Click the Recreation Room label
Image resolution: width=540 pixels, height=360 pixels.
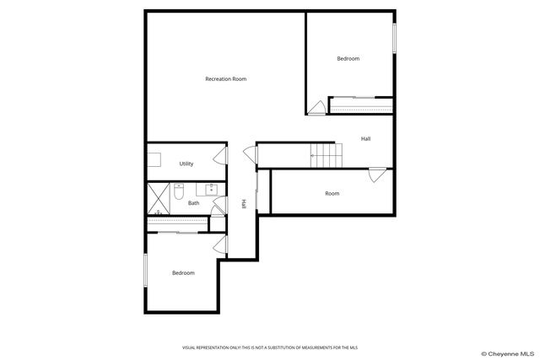tap(225, 79)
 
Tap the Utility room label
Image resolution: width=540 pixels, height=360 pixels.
tap(186, 164)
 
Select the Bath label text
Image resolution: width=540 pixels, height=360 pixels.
tap(193, 202)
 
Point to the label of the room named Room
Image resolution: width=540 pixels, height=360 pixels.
tap(332, 194)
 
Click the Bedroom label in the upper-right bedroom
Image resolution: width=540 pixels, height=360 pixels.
tap(348, 58)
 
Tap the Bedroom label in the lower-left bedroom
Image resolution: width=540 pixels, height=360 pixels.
tap(183, 273)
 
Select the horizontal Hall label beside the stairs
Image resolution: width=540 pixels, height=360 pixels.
tap(365, 139)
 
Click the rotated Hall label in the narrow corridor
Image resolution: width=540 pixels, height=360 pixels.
tap(244, 203)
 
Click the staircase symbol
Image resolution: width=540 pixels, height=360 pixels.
tap(325, 154)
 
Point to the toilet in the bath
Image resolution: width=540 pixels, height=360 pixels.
tap(177, 195)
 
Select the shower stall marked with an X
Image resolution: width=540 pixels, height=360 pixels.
tap(158, 197)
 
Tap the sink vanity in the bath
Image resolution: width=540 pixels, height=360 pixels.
tap(210, 188)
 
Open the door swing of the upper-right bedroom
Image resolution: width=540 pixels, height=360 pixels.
tap(317, 107)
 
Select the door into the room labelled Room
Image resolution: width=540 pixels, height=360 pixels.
tap(377, 175)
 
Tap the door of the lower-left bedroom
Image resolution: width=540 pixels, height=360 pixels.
tap(220, 244)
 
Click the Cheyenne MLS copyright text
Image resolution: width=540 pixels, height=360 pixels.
tap(507, 353)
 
